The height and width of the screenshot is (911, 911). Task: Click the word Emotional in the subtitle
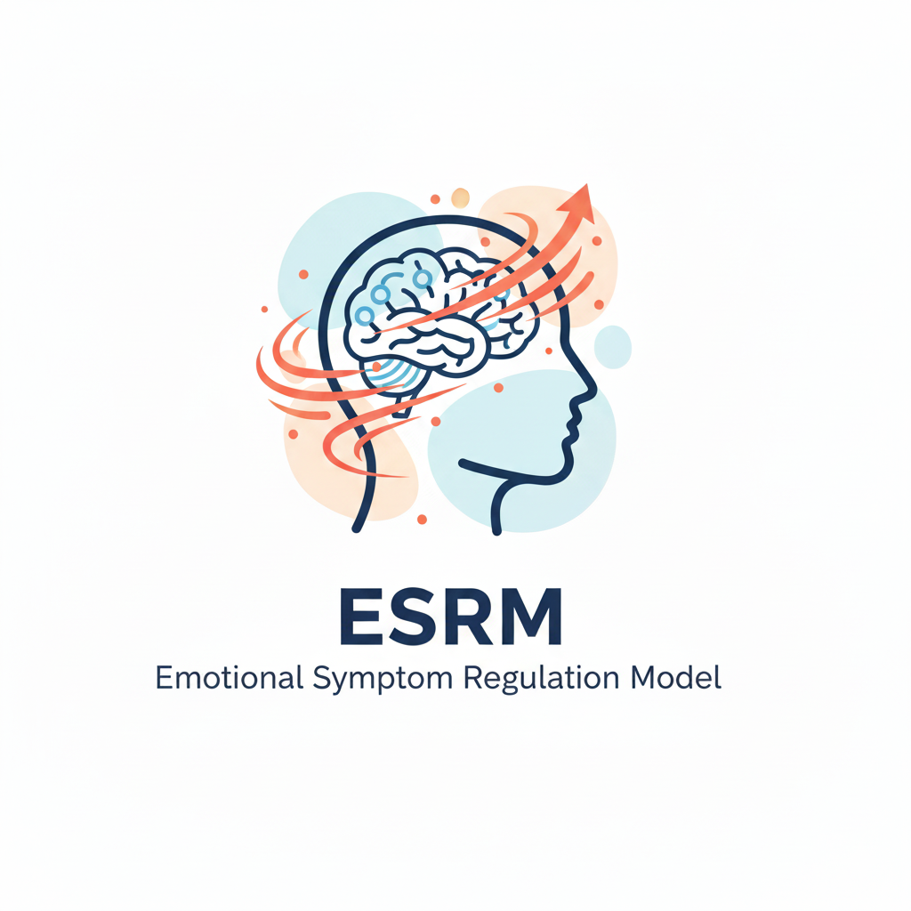click(229, 677)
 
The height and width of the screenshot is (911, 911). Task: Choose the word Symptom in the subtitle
click(383, 680)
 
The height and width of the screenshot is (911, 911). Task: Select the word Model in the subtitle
click(676, 677)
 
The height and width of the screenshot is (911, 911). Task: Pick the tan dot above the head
click(460, 198)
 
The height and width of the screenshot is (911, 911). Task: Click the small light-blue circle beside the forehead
click(612, 347)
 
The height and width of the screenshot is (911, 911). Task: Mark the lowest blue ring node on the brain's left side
click(365, 316)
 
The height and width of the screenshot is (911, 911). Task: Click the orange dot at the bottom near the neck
click(423, 520)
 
